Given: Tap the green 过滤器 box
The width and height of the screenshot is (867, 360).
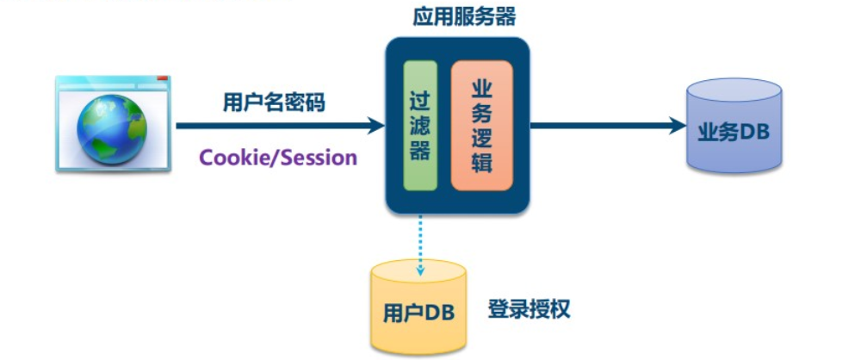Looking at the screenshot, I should click(420, 126).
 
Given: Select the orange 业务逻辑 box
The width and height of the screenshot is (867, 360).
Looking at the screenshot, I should click(482, 126).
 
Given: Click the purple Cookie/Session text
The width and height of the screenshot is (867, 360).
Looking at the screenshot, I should click(278, 158).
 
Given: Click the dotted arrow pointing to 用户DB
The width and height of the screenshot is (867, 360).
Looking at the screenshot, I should click(421, 245).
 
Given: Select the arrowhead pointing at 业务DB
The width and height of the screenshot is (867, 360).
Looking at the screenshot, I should click(675, 126).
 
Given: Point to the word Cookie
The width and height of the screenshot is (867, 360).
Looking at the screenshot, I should click(228, 158).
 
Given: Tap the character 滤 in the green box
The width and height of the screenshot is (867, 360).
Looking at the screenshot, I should click(420, 126).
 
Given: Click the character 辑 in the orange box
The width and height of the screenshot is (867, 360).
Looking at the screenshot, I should click(482, 163).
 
